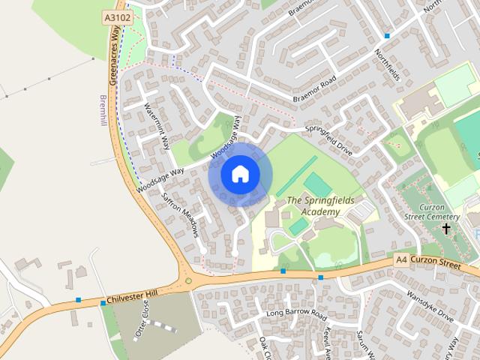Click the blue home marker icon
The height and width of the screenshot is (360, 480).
(x=240, y=175)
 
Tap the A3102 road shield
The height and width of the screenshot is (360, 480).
(x=115, y=16)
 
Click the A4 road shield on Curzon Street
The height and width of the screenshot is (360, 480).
(x=400, y=259)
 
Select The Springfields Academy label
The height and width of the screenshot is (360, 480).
(x=313, y=206)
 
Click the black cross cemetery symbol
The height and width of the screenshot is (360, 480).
(x=446, y=228)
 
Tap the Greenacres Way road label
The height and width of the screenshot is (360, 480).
(x=115, y=57)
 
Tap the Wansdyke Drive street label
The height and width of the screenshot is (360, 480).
(x=430, y=306)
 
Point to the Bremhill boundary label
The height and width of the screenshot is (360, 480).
(x=103, y=112)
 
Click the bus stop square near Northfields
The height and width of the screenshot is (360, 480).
(x=387, y=35)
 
